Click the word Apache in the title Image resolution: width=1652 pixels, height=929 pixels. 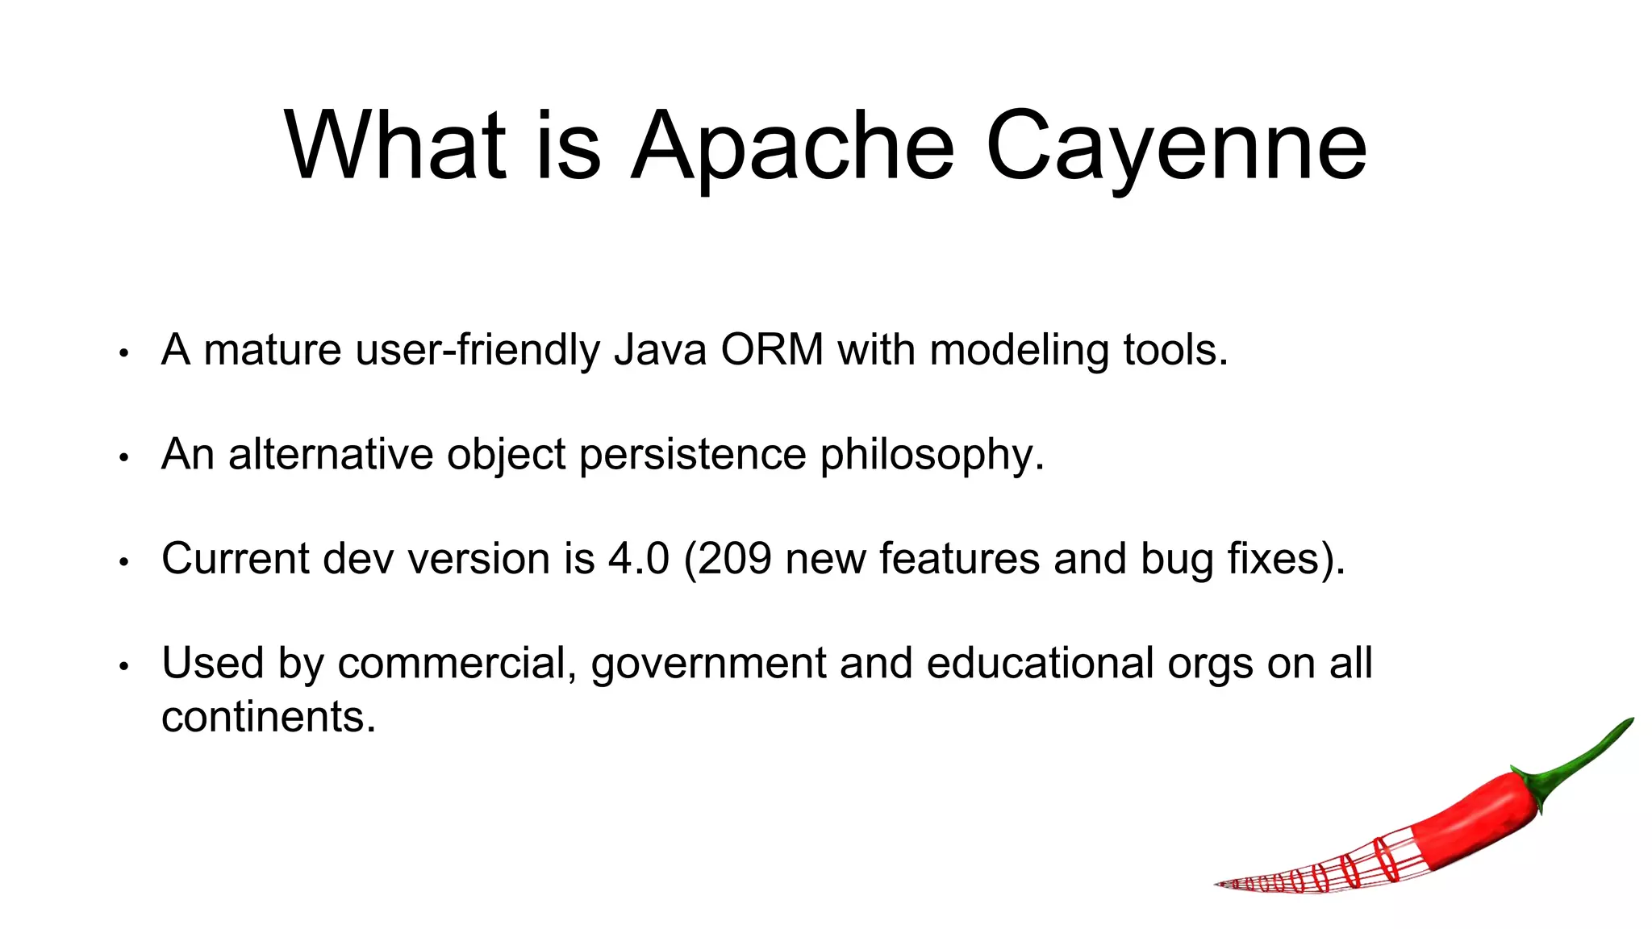(x=792, y=148)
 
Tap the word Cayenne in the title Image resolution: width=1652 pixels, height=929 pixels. (x=1176, y=148)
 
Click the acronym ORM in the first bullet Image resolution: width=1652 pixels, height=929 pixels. (x=772, y=350)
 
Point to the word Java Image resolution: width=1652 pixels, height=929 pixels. (x=660, y=350)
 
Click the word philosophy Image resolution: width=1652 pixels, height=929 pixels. (x=932, y=455)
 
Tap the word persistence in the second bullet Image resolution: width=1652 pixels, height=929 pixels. (x=693, y=455)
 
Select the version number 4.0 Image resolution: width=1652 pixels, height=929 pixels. (x=638, y=558)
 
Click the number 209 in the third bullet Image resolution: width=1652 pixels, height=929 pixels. (x=735, y=558)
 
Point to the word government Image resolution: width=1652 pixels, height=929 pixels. (x=708, y=664)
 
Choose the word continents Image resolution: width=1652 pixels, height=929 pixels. (x=268, y=716)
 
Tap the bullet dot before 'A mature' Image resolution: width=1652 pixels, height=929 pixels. (x=123, y=353)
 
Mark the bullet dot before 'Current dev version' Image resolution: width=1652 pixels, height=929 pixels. (x=123, y=562)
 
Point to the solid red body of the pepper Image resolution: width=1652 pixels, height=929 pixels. (x=1476, y=814)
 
